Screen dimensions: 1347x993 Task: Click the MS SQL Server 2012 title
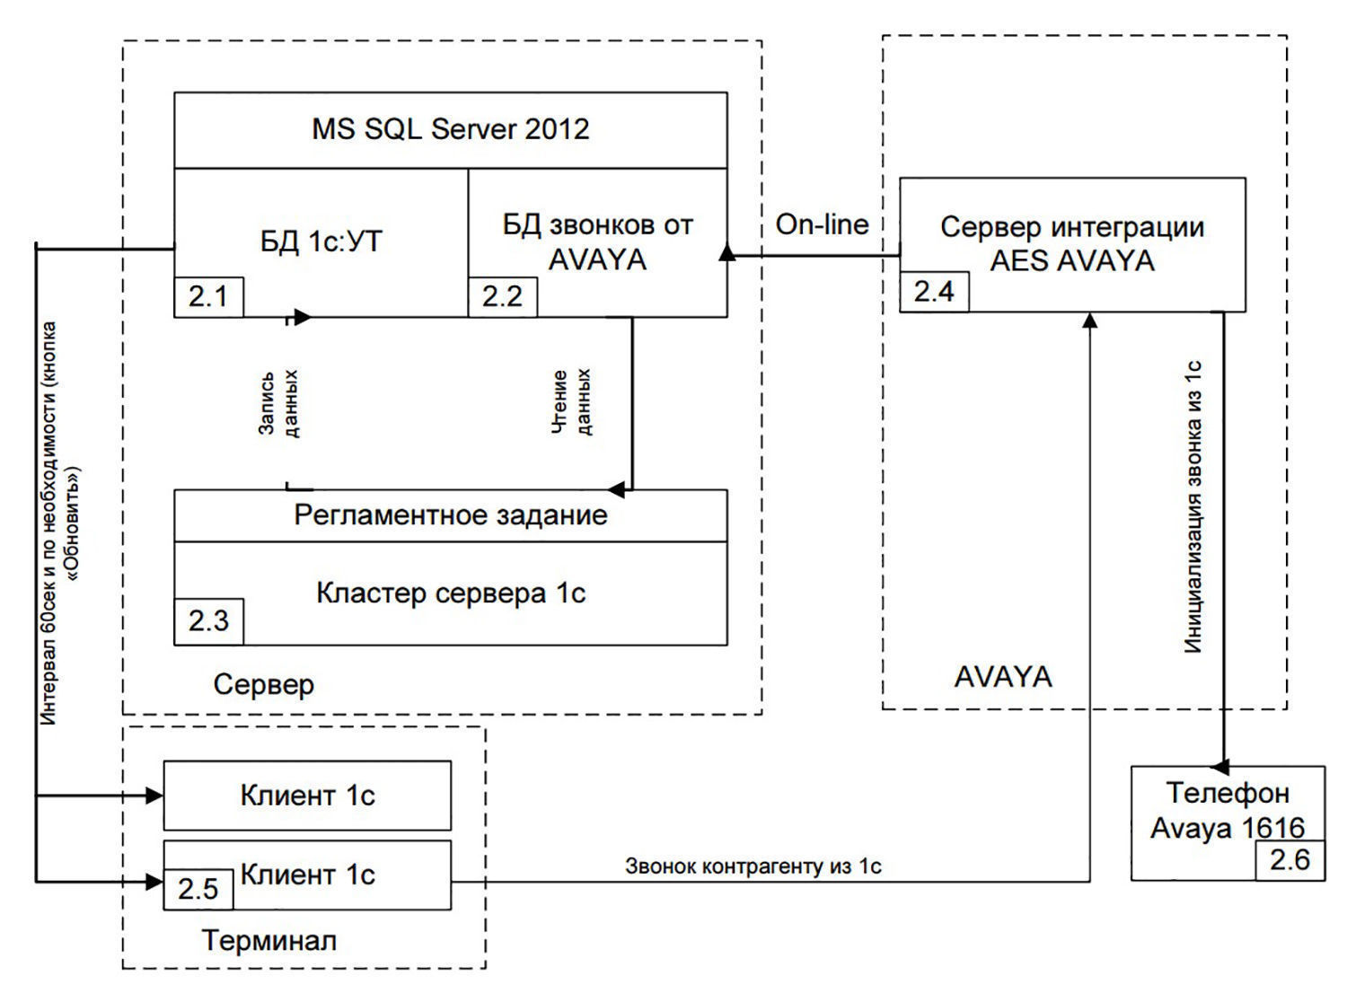pyautogui.click(x=451, y=129)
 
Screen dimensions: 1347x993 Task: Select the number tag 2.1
pyautogui.click(x=208, y=297)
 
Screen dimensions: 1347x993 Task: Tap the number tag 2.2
pyautogui.click(x=503, y=297)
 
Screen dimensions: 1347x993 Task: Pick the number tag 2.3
pyautogui.click(x=208, y=621)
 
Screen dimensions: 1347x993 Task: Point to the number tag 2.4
pyautogui.click(x=934, y=292)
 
